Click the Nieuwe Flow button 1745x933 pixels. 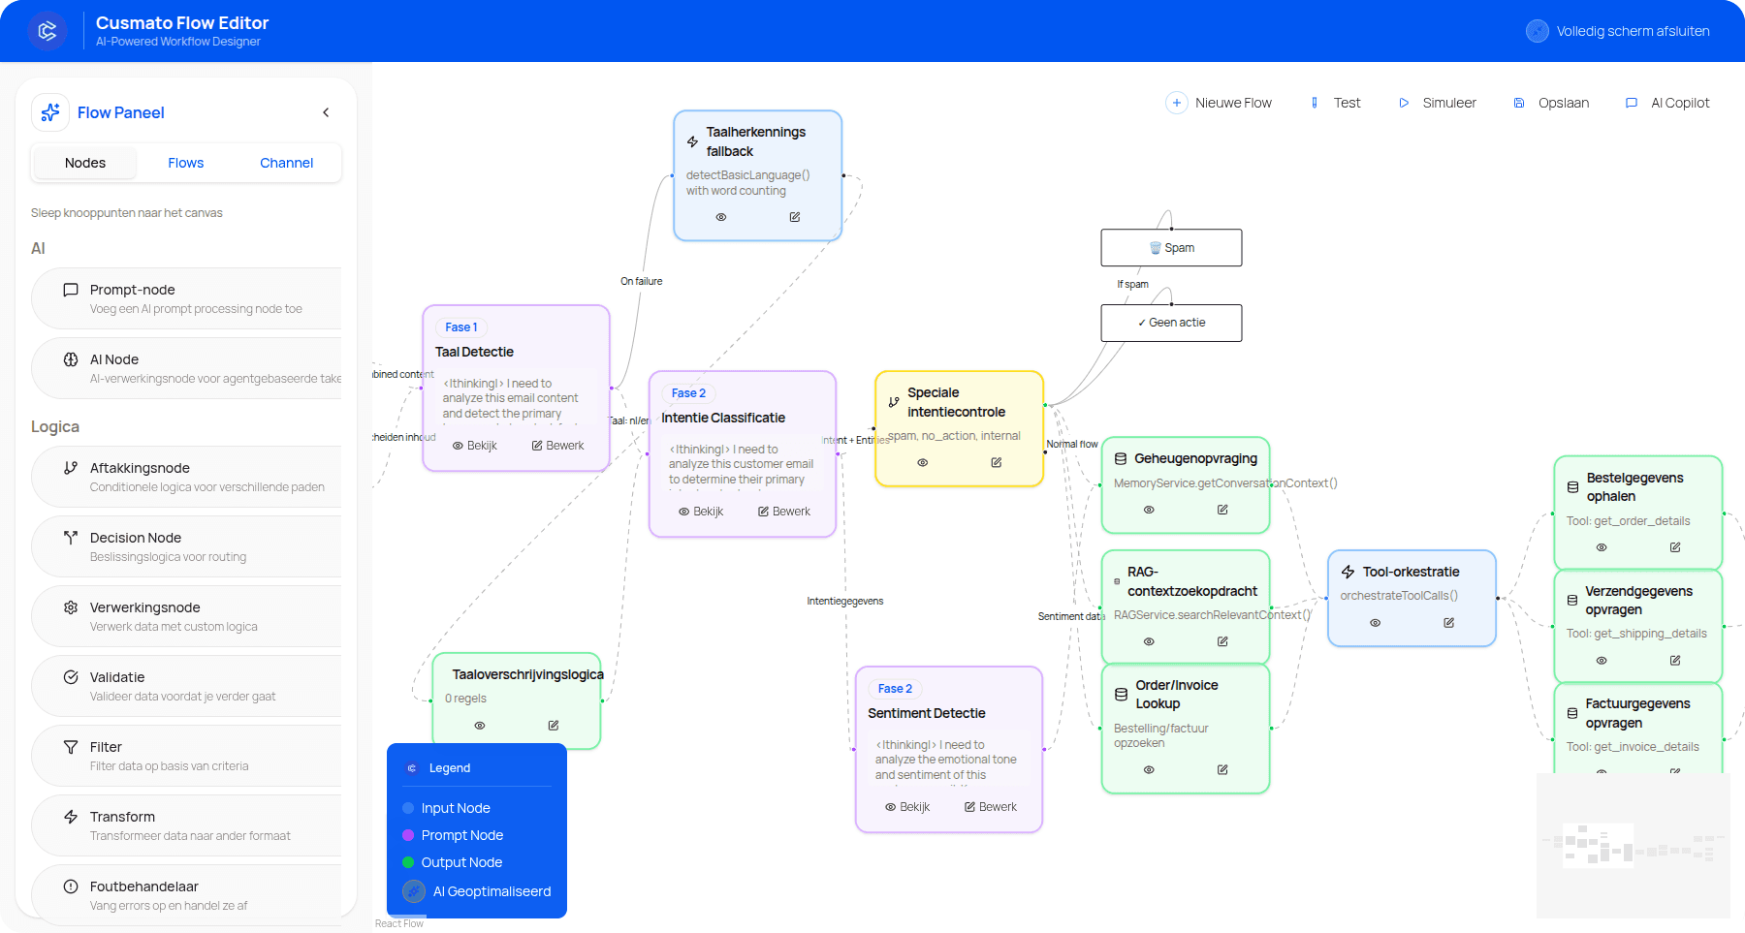tap(1220, 103)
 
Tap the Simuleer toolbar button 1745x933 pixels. tap(1438, 103)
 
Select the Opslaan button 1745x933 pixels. tap(1551, 103)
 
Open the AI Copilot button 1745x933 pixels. tap(1667, 103)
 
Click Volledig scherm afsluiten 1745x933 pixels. tap(1619, 31)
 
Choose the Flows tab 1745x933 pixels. tap(185, 163)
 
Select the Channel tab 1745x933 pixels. tap(286, 163)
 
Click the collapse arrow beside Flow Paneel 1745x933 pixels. tap(326, 112)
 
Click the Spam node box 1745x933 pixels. tap(1171, 248)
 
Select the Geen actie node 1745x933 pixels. tap(1171, 323)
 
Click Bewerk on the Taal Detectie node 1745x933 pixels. tap(557, 446)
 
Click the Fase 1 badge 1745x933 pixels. tap(460, 327)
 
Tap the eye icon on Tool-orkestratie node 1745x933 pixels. tap(1375, 623)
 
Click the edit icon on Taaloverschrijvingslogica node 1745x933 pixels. tap(554, 726)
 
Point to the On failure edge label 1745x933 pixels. tap(641, 281)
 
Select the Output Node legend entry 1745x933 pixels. tap(461, 862)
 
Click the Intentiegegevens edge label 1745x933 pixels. tap(844, 601)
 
